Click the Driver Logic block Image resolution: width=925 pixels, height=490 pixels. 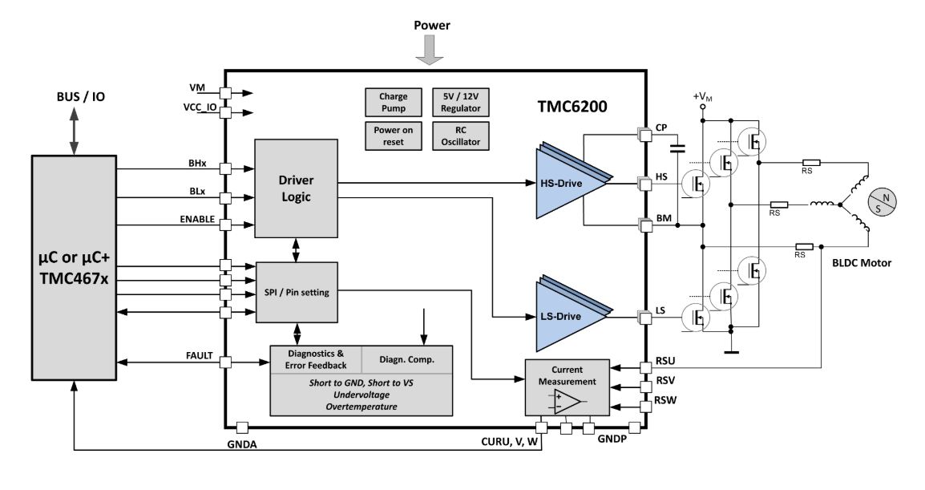pos(297,188)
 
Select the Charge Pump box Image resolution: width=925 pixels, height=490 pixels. pos(393,103)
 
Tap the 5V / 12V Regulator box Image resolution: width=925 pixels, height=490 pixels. pos(460,103)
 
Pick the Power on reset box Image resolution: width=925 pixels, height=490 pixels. pos(393,136)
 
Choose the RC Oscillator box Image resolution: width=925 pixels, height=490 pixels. pos(460,136)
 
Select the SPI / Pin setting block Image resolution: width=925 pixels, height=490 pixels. pos(297,293)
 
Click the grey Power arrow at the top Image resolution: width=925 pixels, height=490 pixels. pos(431,50)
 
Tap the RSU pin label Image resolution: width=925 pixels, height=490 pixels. pos(666,362)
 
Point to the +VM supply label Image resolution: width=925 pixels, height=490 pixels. pos(703,96)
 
